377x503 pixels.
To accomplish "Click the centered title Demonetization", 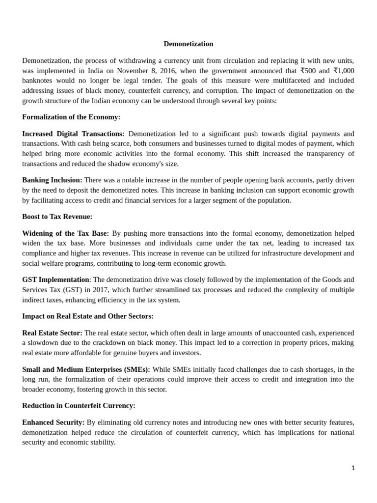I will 188,44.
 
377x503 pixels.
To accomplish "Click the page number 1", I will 353,468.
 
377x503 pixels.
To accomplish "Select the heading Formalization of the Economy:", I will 71,117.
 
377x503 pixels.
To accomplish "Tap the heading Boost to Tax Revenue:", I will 57,217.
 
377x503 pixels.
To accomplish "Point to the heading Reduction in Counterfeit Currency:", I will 79,406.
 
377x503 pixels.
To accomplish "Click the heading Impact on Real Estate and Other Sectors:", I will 88,316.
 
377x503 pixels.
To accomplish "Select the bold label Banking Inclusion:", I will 52,180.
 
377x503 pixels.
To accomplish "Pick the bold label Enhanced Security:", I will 53,422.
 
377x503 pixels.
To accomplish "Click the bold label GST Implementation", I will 55,280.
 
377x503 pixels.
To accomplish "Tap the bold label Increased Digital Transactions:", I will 73,134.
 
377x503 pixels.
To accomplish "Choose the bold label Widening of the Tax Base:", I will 65,233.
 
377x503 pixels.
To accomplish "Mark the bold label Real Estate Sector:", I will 52,333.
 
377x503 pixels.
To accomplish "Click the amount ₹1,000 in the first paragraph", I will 344,71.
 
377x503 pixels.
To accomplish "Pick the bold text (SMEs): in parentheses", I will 137,369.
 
